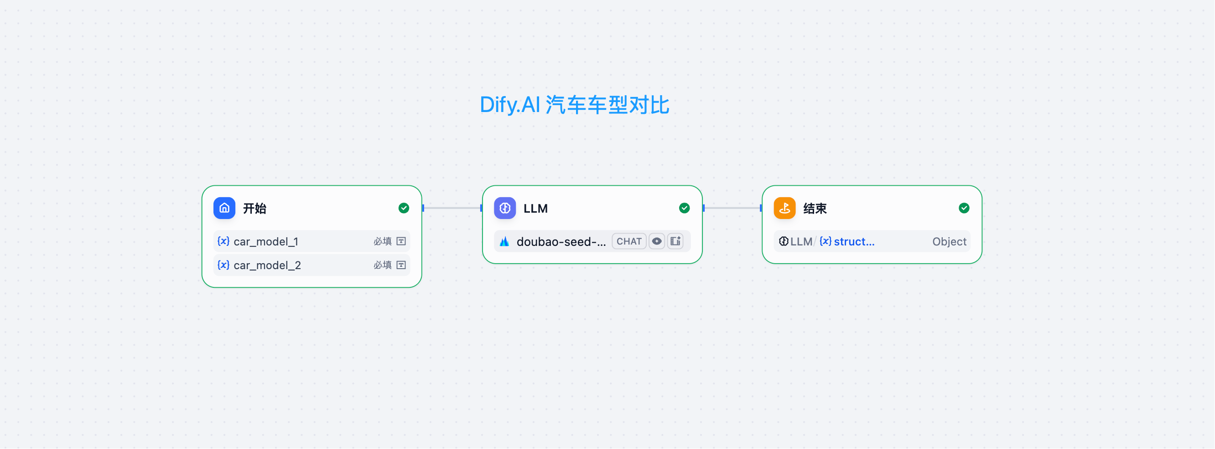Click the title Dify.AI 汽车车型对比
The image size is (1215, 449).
pos(574,105)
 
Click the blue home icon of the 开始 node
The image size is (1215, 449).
pos(224,208)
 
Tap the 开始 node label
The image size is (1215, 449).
pos(254,208)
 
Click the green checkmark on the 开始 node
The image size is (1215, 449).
pos(403,208)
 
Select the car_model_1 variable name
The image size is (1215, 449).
pos(265,241)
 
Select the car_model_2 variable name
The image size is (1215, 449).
pos(267,265)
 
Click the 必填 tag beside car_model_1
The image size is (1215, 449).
pos(382,241)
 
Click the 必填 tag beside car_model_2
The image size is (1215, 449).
pos(382,265)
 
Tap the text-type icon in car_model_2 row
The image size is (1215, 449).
pos(401,265)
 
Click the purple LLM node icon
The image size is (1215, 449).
pos(505,208)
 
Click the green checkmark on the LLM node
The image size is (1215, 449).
pos(684,208)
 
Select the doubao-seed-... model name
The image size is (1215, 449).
pos(561,241)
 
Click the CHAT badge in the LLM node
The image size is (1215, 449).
pos(629,241)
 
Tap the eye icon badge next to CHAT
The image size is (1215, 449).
pos(657,241)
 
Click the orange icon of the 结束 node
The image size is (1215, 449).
pos(784,208)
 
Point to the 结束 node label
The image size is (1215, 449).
pos(815,208)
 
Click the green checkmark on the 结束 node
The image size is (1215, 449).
pos(964,208)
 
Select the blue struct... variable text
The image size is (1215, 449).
pos(854,241)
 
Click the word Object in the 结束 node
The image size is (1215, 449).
pos(949,241)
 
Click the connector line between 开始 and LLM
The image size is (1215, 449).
pos(452,208)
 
